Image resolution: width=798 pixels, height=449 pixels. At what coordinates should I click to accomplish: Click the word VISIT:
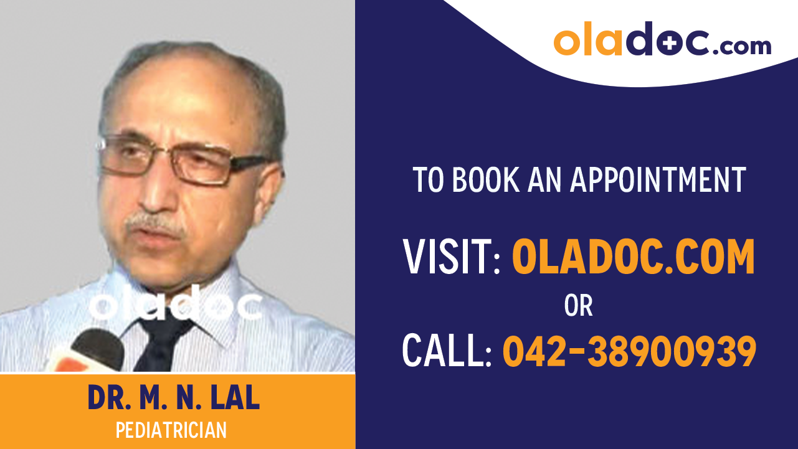[452, 257]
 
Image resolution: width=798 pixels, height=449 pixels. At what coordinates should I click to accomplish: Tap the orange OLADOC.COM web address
[633, 257]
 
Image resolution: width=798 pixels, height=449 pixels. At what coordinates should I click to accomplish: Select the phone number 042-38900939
[629, 351]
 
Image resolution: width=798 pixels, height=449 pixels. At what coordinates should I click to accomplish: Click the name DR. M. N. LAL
[174, 399]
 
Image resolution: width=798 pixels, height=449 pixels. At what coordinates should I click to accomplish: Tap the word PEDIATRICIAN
[171, 430]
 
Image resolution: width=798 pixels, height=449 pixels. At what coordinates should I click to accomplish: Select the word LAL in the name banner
[234, 399]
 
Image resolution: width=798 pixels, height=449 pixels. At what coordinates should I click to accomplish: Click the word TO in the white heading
[429, 179]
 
